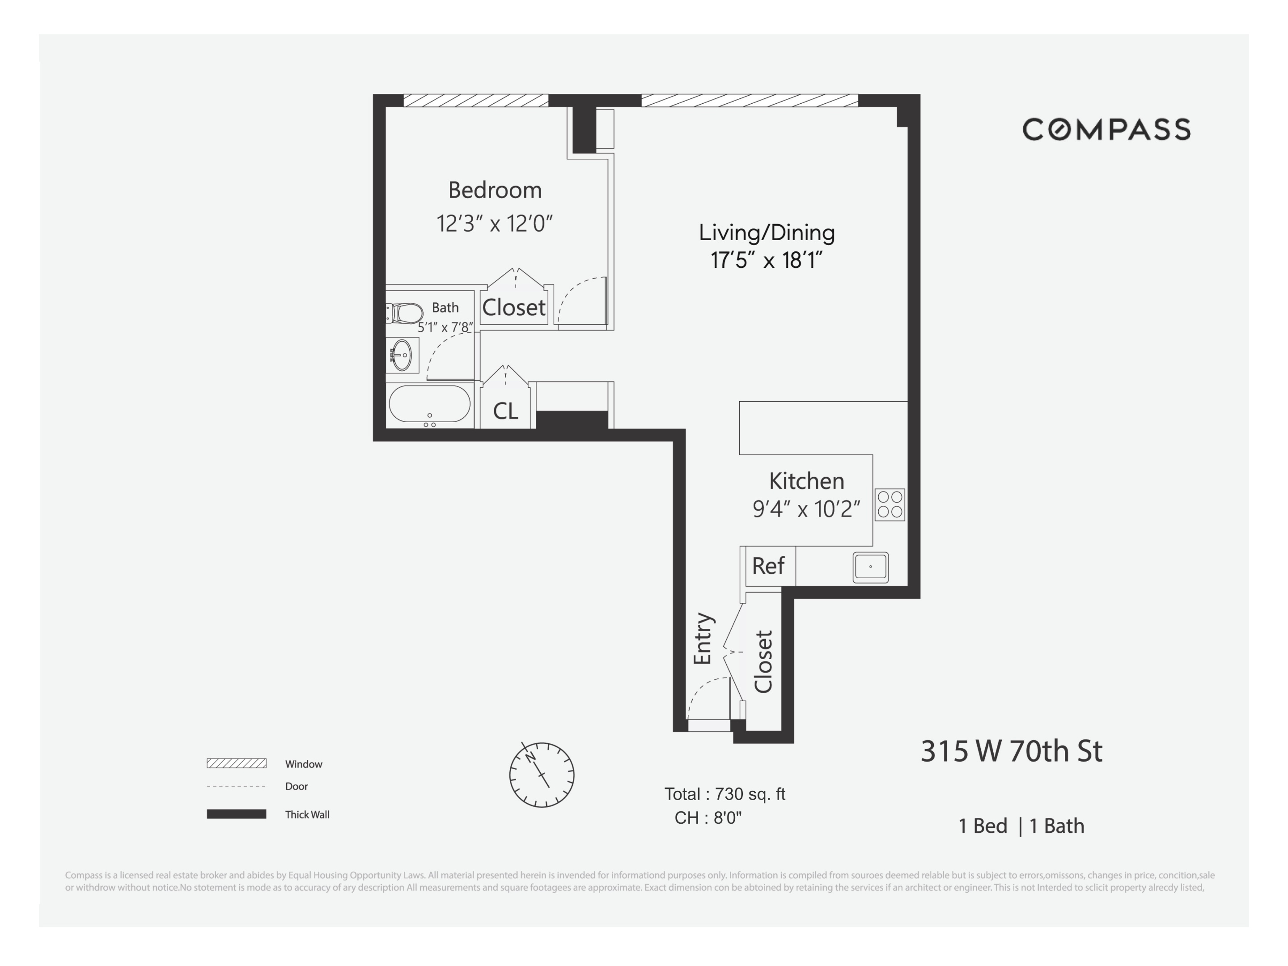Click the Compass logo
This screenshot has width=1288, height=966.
click(x=1106, y=129)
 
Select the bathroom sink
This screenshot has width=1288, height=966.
click(x=401, y=355)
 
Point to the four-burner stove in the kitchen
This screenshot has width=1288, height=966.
click(x=890, y=504)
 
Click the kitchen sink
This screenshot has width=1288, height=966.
click(x=870, y=567)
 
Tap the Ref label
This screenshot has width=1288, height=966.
click(x=768, y=565)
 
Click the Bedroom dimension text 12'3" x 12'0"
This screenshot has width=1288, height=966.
click(x=494, y=223)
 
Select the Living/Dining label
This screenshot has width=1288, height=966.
click(x=766, y=232)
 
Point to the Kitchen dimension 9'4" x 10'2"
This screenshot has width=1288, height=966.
click(x=806, y=509)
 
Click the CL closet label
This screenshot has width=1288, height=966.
click(x=505, y=411)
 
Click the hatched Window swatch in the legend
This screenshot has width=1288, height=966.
click(x=237, y=763)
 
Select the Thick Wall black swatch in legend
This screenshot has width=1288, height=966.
click(x=237, y=814)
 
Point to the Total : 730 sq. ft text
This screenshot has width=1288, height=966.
click(x=725, y=794)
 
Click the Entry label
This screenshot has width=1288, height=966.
click(x=703, y=639)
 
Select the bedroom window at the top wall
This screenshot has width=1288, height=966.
click(x=476, y=101)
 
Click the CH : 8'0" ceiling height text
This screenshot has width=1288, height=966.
click(x=708, y=818)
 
